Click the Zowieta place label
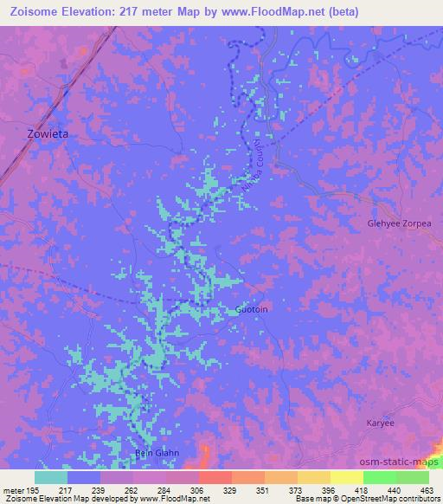tap(41, 134)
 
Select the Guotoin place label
tap(252, 309)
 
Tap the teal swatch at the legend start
tap(51, 477)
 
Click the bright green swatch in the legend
tap(379, 477)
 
